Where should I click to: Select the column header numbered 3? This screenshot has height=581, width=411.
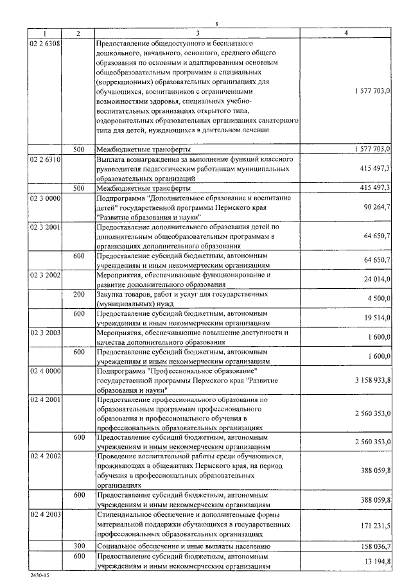click(197, 33)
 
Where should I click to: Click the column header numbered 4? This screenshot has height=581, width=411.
click(346, 33)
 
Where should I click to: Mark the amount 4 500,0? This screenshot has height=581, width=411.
click(379, 298)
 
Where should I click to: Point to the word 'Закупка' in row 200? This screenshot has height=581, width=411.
click(110, 294)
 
